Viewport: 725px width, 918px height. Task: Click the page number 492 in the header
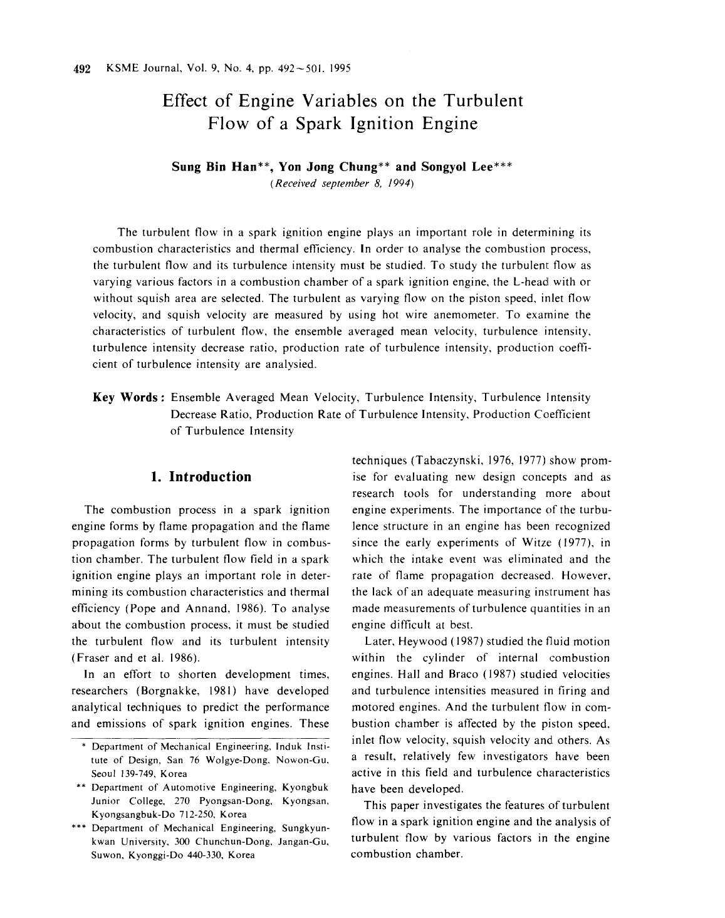83,68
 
